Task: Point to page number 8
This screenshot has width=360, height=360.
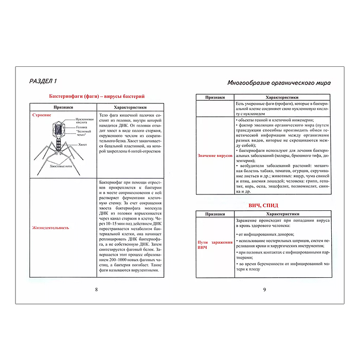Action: [96, 290]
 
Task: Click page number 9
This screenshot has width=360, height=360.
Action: [264, 290]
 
